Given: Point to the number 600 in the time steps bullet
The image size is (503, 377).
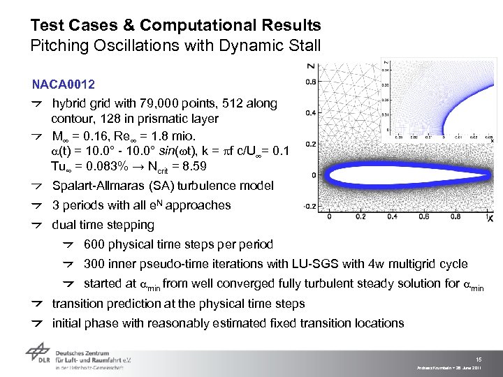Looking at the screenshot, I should pyautogui.click(x=94, y=244).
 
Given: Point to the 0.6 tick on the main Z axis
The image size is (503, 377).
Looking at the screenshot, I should pyautogui.click(x=311, y=82).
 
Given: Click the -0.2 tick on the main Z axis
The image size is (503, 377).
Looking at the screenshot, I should pyautogui.click(x=309, y=206).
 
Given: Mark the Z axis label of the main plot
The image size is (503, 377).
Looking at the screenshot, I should pyautogui.click(x=309, y=66).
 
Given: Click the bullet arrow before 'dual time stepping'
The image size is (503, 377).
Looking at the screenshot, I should pyautogui.click(x=39, y=225).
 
